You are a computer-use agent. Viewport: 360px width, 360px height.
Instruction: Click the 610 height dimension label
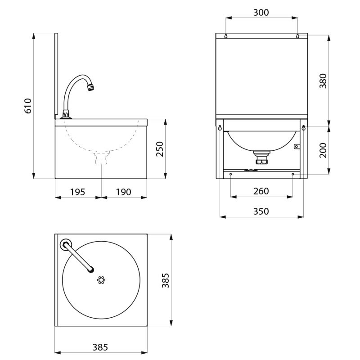click(x=28, y=106)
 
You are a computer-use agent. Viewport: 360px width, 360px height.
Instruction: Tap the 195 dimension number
click(x=77, y=192)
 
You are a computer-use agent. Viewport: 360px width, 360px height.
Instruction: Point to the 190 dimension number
click(x=123, y=192)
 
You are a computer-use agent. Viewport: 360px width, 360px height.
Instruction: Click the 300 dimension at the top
click(x=261, y=12)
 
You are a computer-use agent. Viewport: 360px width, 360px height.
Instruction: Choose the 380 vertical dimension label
click(x=323, y=80)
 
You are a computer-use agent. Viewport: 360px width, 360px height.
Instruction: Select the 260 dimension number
click(x=261, y=191)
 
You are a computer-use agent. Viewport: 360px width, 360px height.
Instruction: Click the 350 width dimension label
click(x=261, y=211)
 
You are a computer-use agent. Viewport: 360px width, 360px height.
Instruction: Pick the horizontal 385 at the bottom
click(x=100, y=347)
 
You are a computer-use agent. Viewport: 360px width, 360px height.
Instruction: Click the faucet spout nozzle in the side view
click(x=91, y=86)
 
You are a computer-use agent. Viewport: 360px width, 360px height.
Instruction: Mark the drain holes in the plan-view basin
click(x=101, y=280)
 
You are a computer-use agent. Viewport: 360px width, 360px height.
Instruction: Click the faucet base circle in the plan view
click(x=66, y=244)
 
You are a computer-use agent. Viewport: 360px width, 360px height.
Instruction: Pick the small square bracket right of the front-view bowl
click(x=297, y=146)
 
